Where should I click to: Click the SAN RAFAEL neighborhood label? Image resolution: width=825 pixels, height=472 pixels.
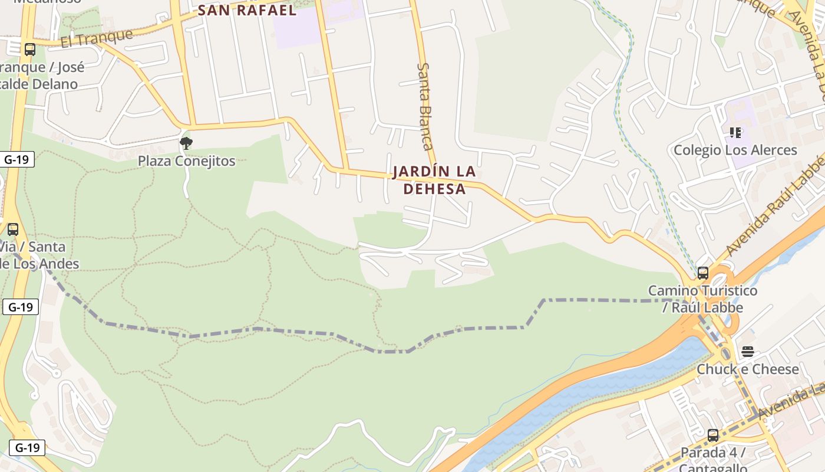247,10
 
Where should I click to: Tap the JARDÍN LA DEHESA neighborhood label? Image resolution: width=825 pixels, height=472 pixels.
434,180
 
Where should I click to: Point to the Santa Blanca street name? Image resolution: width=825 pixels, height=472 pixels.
425,106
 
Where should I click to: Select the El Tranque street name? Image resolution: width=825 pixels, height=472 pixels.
97,38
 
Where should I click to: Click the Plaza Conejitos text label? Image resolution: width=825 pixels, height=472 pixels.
186,160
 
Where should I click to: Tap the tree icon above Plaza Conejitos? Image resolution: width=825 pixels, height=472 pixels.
186,143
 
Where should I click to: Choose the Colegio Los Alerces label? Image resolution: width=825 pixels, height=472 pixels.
735,150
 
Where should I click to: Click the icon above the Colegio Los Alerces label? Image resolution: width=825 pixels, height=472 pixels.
735,133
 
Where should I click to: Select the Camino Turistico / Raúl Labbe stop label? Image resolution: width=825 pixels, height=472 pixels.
702,299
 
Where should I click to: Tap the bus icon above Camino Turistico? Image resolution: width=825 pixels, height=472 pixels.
702,273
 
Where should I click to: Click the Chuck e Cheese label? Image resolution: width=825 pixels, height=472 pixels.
747,369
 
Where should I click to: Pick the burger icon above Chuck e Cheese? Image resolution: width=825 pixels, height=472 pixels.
747,352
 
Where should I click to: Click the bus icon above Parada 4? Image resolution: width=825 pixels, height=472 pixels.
713,435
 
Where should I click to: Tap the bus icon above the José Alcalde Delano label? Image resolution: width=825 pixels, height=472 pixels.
30,50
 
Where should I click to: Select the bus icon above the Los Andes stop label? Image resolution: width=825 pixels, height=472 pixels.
13,229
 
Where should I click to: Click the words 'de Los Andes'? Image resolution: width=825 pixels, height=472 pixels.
39,264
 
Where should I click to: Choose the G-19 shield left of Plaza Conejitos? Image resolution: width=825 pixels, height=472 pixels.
19,159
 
